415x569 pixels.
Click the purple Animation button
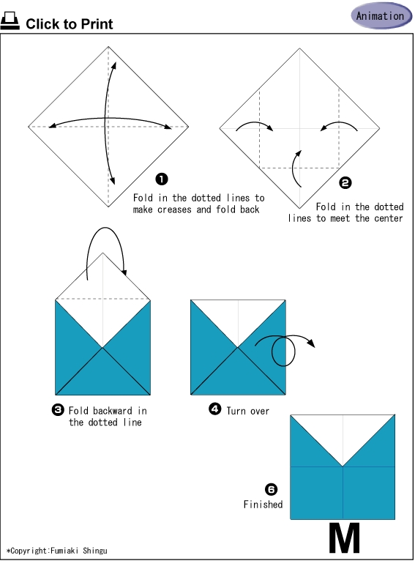380,15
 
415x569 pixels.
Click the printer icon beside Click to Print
10,23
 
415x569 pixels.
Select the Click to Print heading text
70,24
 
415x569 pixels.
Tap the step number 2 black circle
345,183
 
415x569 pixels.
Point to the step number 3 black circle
58,410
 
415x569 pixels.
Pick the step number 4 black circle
215,409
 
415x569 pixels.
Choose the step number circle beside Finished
271,488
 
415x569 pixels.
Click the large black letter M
344,539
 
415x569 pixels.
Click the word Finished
263,505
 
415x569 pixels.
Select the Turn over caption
247,411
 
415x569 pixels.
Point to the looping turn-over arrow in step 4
284,349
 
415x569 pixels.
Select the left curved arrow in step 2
254,125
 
